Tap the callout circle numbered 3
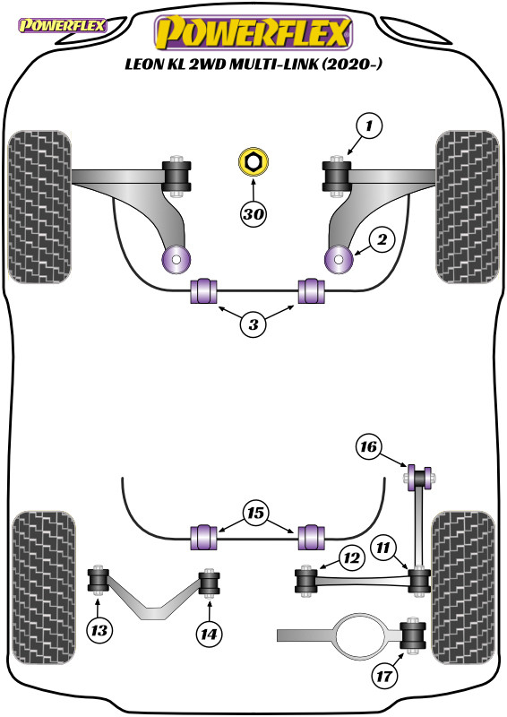pyautogui.click(x=253, y=326)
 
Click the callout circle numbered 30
pyautogui.click(x=253, y=214)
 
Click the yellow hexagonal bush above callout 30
pyautogui.click(x=253, y=163)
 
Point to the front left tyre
pyautogui.click(x=38, y=206)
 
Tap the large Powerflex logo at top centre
pyautogui.click(x=253, y=33)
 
